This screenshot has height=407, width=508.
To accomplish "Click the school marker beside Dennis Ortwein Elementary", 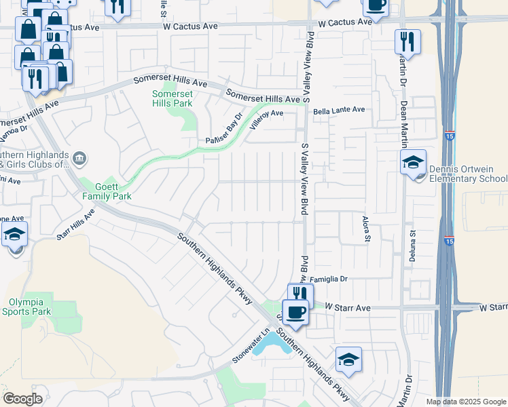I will click(412, 163).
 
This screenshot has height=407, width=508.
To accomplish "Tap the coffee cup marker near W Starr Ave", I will click(295, 313).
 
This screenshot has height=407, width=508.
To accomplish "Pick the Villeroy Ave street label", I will click(266, 120).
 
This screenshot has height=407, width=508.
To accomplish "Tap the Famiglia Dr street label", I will click(329, 279).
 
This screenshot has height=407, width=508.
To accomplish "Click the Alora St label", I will click(367, 227).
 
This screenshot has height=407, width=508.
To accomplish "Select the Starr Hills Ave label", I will click(75, 220).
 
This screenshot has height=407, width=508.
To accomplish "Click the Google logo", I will click(22, 399).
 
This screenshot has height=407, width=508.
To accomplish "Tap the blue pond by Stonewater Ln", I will click(270, 345).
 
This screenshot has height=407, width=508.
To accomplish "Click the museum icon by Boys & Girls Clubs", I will click(79, 159).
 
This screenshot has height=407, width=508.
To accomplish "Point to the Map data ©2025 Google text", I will click(466, 402).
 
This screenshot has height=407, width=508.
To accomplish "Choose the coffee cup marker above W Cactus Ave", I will click(375, 6).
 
